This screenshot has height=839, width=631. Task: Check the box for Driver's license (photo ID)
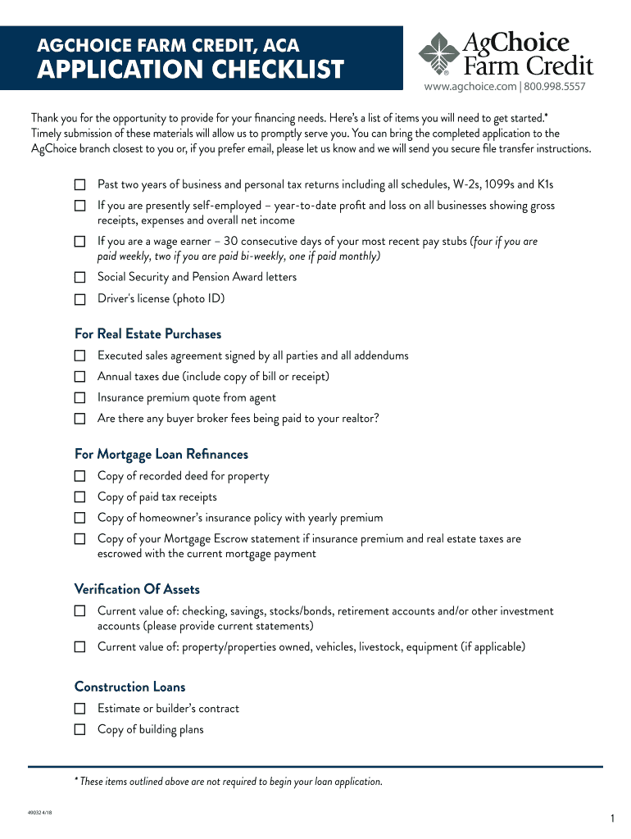pos(79,299)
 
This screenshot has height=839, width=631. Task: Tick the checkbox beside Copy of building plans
pos(79,729)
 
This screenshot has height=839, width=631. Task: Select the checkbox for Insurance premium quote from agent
pos(79,398)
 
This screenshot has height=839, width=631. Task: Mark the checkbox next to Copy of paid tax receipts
pos(79,497)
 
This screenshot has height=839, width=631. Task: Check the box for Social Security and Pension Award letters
pos(79,278)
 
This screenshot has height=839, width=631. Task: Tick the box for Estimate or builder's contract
pos(79,709)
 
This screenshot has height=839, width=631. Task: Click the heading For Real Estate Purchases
pos(148,334)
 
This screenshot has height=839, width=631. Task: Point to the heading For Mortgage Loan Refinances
pos(161,455)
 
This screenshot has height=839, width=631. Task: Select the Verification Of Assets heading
pos(137,590)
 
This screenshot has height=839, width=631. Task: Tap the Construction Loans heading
pos(129,687)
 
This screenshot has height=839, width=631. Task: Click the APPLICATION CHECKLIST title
pos(191,70)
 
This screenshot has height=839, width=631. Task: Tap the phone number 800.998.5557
pos(555,86)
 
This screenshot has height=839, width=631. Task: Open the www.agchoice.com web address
pos(470,86)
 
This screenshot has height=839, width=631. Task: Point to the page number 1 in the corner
pos(612,819)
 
